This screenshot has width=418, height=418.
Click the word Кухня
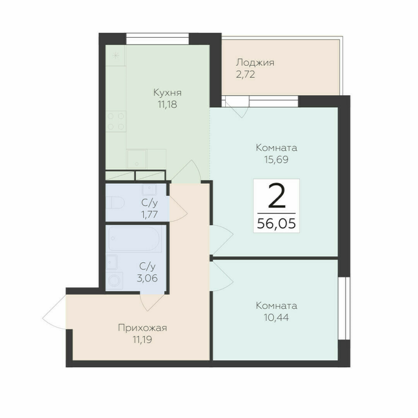167,93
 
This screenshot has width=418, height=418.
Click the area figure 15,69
276,159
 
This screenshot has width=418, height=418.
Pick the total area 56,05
276,224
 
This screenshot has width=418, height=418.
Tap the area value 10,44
276,317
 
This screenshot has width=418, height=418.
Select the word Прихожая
142,328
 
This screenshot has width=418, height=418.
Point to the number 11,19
142,339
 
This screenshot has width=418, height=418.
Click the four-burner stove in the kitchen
116,121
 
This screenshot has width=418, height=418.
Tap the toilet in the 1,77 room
114,202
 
